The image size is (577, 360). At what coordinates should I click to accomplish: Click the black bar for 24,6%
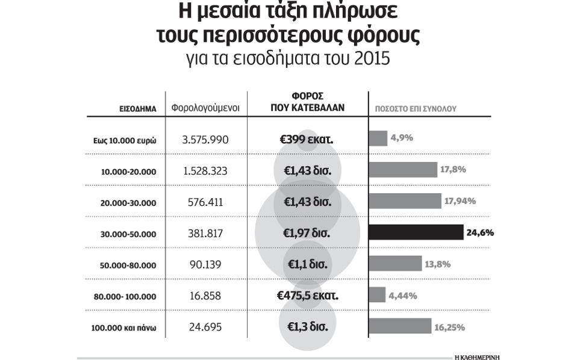click(x=416, y=232)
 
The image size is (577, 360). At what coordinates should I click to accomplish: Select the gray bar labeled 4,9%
click(x=378, y=138)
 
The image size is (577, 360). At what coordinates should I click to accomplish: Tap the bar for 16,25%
click(x=399, y=326)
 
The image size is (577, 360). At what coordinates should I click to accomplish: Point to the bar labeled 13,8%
click(x=395, y=264)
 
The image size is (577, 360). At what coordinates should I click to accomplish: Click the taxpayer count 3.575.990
click(x=205, y=140)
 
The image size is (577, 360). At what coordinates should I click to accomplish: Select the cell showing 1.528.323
click(x=205, y=171)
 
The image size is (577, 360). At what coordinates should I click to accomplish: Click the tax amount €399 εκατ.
click(x=307, y=140)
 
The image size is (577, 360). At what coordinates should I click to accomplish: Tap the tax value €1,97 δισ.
click(x=307, y=233)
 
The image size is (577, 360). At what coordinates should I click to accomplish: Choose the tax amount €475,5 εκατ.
click(x=307, y=296)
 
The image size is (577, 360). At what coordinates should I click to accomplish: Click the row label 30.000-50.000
click(x=129, y=234)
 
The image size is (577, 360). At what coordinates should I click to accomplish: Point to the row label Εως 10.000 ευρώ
click(x=120, y=140)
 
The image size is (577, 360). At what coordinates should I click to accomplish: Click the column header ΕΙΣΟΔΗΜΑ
click(x=138, y=110)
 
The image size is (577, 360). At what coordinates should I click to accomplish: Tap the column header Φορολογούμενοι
click(x=205, y=108)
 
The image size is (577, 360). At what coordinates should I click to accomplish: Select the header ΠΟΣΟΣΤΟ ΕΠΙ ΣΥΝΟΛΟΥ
click(x=416, y=110)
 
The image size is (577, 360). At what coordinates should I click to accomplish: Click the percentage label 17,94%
click(x=460, y=201)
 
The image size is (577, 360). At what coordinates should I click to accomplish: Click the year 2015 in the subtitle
click(x=373, y=59)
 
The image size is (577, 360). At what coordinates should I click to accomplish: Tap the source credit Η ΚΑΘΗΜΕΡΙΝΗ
click(x=477, y=356)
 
